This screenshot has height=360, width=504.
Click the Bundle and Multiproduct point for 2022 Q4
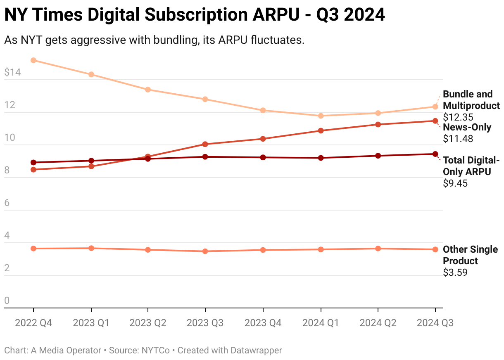pos(33,60)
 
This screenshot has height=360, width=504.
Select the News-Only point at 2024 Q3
pos(435,121)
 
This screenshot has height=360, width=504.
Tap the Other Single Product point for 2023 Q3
pos(205,251)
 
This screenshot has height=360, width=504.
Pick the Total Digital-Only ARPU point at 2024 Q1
pos(321,158)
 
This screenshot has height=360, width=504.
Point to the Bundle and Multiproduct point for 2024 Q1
pos(321,116)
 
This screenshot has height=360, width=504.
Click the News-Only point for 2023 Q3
pos(205,144)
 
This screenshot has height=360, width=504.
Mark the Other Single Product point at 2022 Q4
pos(33,249)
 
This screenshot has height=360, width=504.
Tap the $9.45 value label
pos(455,183)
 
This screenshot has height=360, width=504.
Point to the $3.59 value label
pos(455,272)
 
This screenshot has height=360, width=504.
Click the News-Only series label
pos(467,127)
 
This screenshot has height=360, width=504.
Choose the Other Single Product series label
pos(470,255)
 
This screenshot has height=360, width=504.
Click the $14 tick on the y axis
pos(12,73)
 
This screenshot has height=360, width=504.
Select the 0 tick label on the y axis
pos(7,301)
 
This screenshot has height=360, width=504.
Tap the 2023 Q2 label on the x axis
pos(148,323)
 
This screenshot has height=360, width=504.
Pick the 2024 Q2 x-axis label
pos(378,323)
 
